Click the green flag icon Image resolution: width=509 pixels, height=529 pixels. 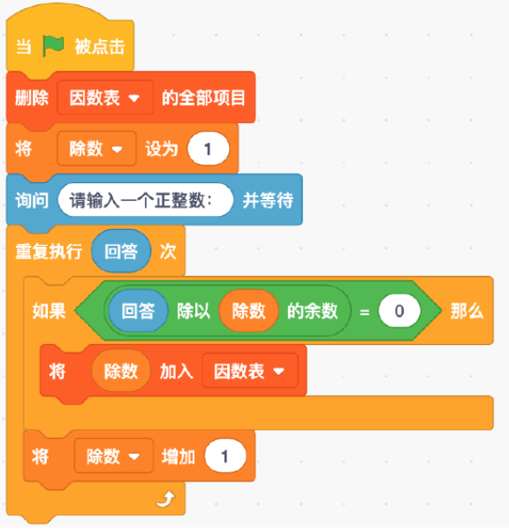tap(53, 46)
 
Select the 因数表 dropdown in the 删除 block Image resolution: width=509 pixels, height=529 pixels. tap(105, 98)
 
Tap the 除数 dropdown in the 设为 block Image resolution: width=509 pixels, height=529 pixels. tap(96, 149)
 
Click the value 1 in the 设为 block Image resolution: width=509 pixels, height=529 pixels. tap(209, 149)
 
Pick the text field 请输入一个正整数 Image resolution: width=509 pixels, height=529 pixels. tap(146, 200)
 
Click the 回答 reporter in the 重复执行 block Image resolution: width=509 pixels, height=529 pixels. tap(121, 251)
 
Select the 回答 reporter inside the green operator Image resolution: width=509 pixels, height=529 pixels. tap(138, 310)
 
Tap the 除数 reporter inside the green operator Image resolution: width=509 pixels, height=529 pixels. tap(248, 310)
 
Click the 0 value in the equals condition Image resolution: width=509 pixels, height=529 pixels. tap(399, 310)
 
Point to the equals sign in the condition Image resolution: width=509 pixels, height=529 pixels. tap(364, 312)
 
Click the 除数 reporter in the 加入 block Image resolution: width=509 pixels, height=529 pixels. tap(121, 372)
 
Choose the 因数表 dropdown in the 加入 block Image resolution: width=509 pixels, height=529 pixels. tap(250, 372)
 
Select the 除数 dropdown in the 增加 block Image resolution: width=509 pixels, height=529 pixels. tap(114, 456)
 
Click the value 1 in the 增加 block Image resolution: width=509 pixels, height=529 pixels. tap(225, 456)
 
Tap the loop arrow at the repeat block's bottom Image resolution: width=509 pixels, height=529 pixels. tap(166, 499)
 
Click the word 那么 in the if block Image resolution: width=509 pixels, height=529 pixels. tap(467, 310)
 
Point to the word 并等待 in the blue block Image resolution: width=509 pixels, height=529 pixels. tap(268, 201)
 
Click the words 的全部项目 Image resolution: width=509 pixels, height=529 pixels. tap(203, 98)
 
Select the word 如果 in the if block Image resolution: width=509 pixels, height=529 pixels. tap(49, 310)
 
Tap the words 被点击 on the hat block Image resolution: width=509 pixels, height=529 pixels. tap(100, 46)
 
